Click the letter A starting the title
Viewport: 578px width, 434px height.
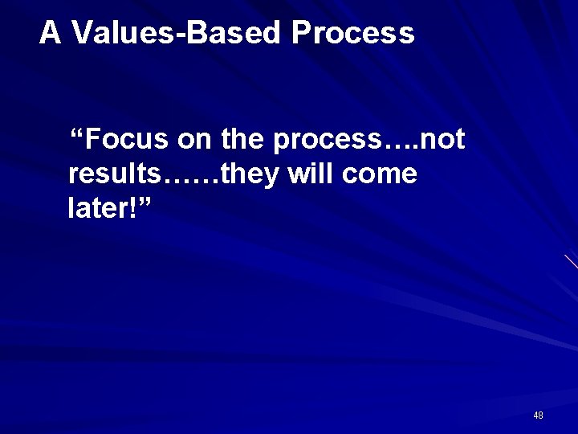point(50,33)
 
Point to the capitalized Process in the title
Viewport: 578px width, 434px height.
point(353,33)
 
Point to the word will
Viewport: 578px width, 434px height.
point(310,174)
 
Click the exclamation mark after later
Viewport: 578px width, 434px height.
point(133,207)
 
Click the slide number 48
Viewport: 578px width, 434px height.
point(538,416)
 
